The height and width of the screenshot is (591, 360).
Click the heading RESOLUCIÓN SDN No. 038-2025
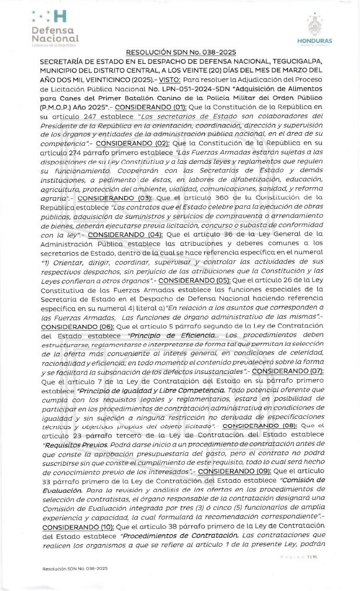tap(181, 52)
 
